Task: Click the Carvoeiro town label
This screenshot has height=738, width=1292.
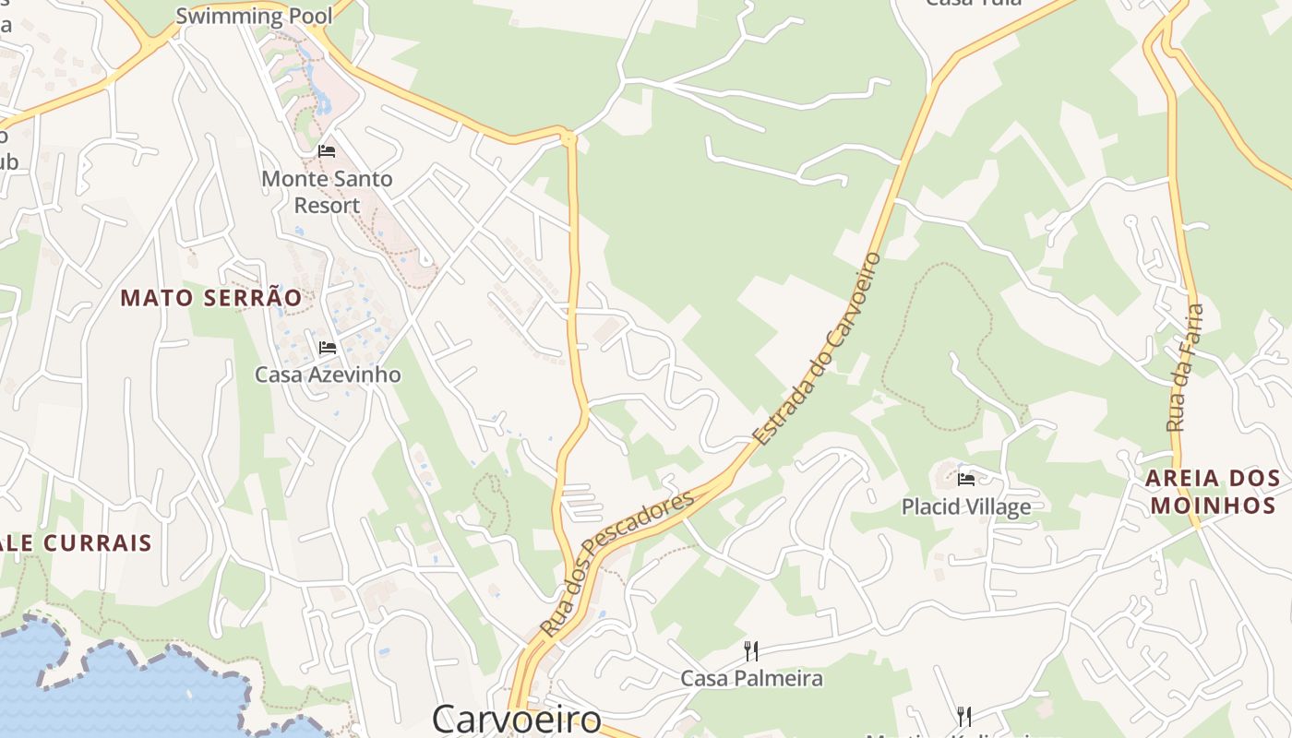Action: pos(516,719)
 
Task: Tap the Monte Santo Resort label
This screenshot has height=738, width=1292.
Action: pos(327,191)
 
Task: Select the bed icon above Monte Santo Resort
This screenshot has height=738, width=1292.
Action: pos(327,150)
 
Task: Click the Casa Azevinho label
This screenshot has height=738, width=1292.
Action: pos(328,374)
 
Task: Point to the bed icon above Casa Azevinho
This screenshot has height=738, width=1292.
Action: pos(327,348)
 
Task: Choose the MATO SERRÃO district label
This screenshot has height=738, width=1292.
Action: pos(211,298)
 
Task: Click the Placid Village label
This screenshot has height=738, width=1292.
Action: pos(965,506)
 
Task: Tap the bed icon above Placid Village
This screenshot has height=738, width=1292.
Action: pos(966,479)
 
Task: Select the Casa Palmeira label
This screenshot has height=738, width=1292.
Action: pos(751,678)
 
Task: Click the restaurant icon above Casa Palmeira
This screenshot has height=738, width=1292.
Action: pos(751,651)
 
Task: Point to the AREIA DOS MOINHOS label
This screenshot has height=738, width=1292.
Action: pos(1213,492)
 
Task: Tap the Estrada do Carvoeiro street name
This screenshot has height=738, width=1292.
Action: pos(817,348)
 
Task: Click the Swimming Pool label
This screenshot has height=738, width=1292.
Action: pos(254,16)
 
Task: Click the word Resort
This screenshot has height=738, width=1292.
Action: pos(327,205)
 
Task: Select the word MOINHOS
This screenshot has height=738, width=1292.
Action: pos(1213,506)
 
